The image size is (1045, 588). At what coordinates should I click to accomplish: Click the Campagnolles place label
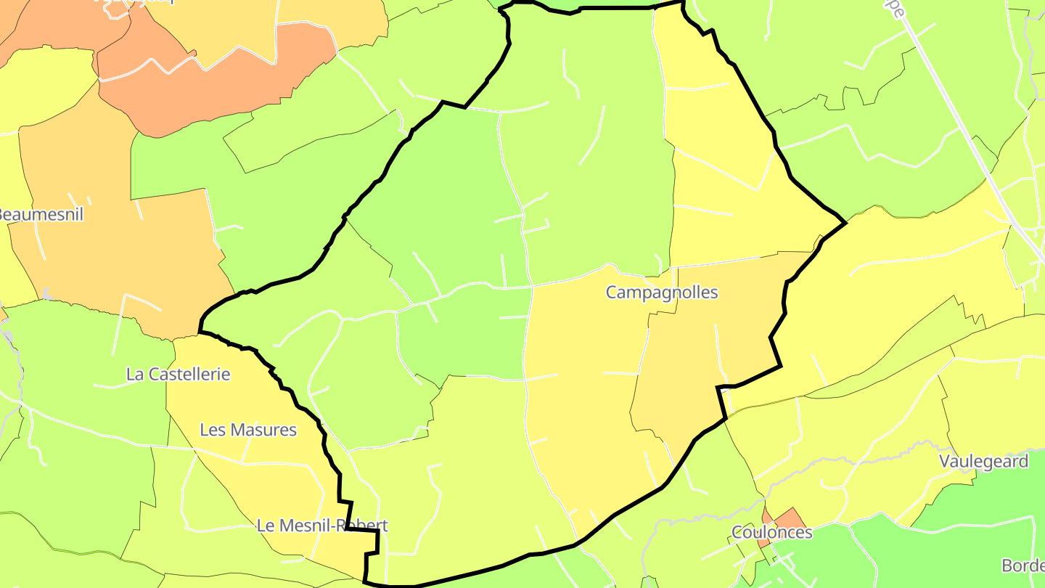[x=662, y=293]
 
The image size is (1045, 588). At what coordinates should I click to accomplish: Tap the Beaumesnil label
[x=41, y=215]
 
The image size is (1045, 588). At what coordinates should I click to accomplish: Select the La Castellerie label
[x=178, y=375]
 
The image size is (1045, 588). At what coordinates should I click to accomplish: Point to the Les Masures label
[x=248, y=430]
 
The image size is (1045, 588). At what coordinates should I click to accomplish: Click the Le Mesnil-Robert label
[x=322, y=526]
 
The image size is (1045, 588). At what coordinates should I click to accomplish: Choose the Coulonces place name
[x=772, y=533]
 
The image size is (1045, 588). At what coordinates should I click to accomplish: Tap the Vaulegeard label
[x=983, y=462]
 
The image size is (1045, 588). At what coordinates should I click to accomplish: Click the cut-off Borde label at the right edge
[x=1023, y=565]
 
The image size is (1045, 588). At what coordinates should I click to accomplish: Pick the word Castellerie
[x=190, y=375]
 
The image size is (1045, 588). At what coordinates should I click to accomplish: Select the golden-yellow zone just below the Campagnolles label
[x=697, y=348]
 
